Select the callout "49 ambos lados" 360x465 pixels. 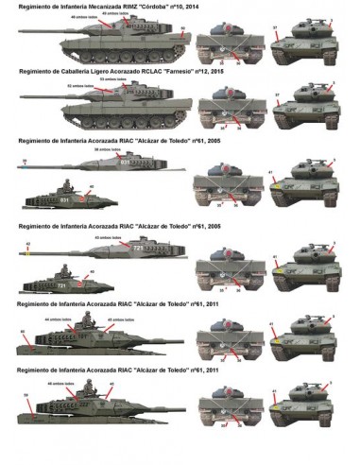[118, 12]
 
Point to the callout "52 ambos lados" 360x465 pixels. [81, 86]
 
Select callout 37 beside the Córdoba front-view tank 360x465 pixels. [275, 28]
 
